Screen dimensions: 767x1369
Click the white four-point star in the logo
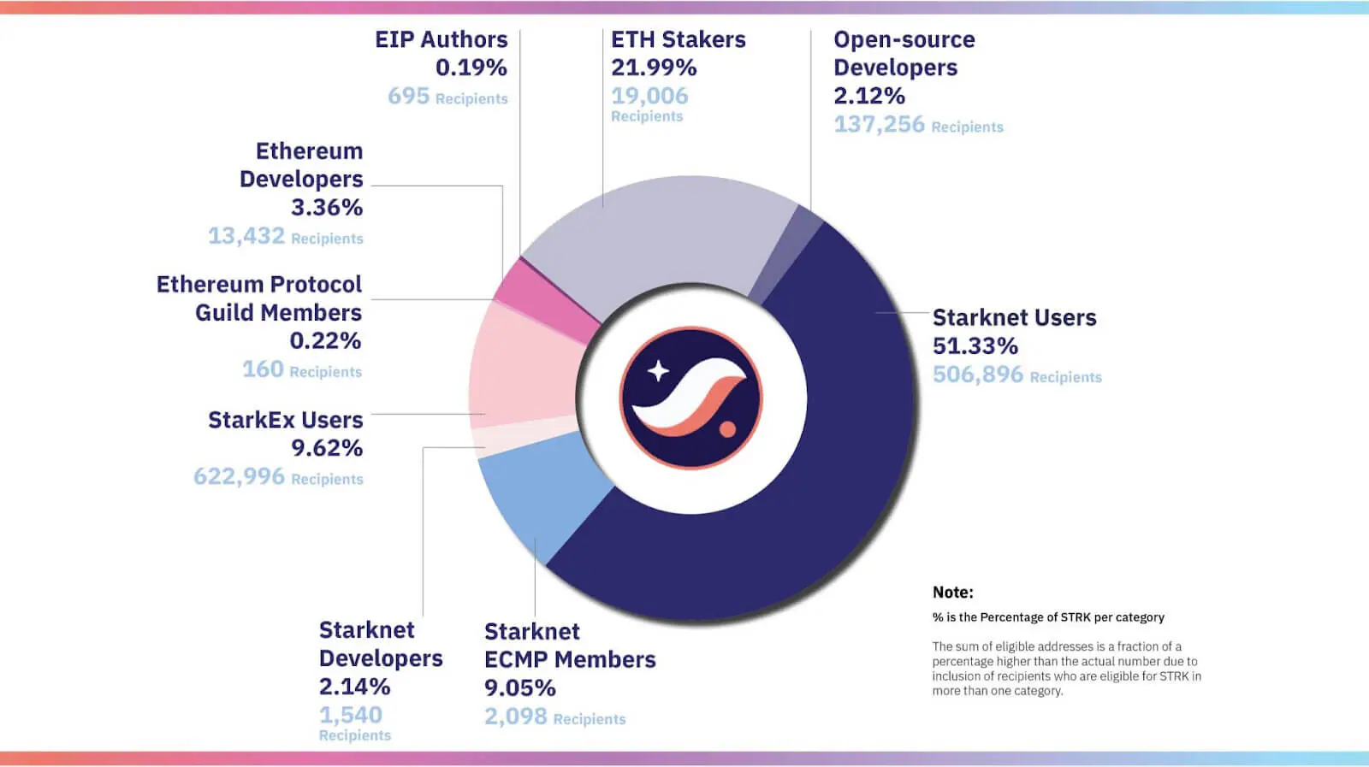658,371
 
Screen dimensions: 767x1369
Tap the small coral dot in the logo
727,428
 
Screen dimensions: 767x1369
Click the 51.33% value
975,346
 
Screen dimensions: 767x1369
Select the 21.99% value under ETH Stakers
654,68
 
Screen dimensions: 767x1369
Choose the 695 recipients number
408,96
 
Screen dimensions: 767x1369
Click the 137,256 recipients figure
879,125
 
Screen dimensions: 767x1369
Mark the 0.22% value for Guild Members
325,341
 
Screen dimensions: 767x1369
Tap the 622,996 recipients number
239,476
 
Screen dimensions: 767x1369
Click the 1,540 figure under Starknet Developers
351,715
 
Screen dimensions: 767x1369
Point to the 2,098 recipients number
515,717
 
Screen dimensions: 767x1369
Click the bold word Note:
952,593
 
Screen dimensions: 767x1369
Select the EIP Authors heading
441,39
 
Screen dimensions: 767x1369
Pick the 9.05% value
519,688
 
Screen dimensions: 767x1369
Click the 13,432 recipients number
246,236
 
